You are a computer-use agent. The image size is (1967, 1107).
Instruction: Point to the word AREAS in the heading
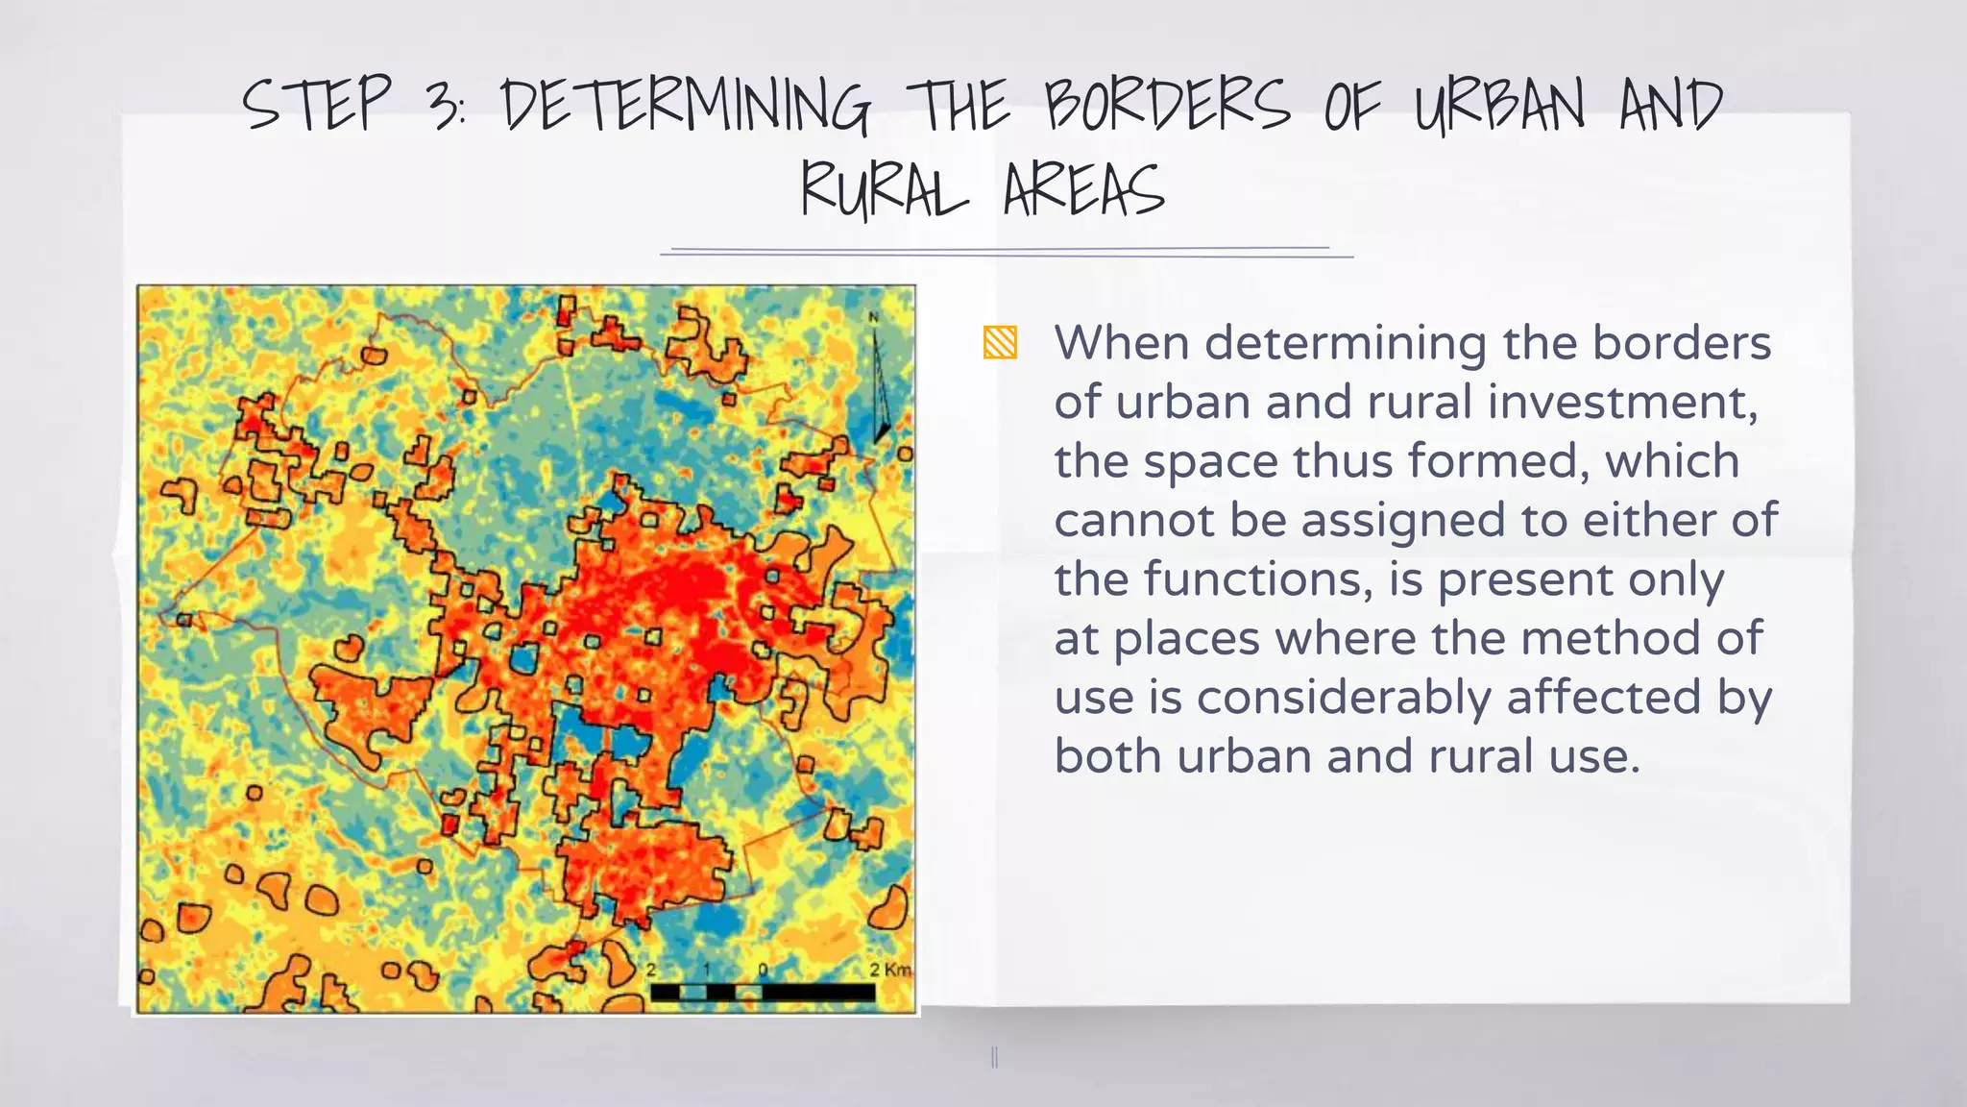[x=1084, y=189]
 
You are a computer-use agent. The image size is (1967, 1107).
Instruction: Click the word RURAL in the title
[x=885, y=189]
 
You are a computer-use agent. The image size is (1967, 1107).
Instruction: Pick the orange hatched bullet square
[x=1000, y=343]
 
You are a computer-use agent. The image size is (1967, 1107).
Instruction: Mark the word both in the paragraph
[x=1108, y=756]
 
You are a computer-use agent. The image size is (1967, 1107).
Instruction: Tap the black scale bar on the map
[x=764, y=993]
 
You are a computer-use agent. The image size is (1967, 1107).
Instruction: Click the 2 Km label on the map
[x=890, y=969]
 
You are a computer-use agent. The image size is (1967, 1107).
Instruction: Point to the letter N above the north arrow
[x=874, y=316]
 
